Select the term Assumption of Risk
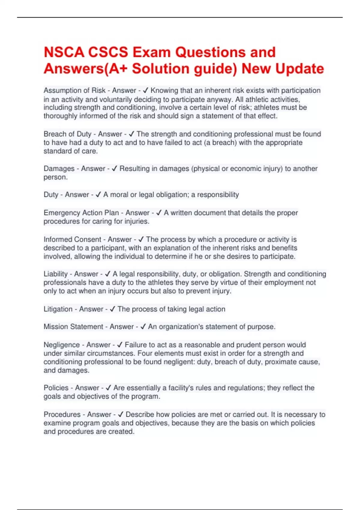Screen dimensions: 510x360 (x=74, y=90)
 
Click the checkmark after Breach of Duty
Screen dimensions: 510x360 (x=131, y=134)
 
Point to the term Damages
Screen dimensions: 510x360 (x=59, y=169)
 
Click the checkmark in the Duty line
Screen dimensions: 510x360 (x=98, y=195)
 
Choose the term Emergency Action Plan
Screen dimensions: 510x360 (x=81, y=213)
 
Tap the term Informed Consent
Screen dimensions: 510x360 (x=72, y=239)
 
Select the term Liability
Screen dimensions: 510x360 (x=55, y=274)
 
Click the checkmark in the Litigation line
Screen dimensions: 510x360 (x=112, y=309)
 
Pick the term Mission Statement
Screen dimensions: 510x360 (x=73, y=327)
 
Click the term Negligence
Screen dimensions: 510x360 (x=61, y=345)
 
